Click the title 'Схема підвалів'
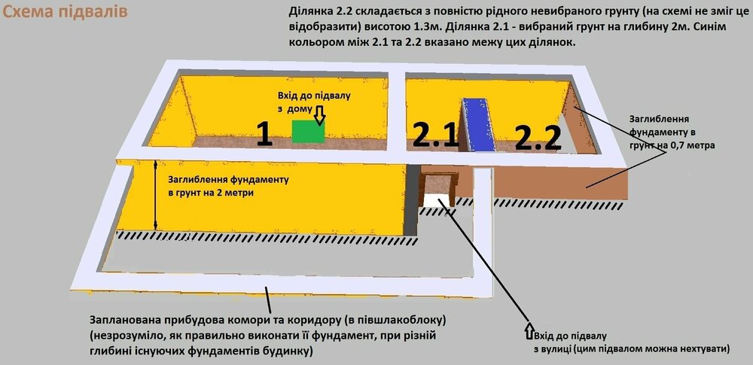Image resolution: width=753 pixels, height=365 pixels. pos(66,11)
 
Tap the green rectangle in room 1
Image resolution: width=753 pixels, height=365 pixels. pos(308,131)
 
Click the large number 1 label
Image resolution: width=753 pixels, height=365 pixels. pos(264,133)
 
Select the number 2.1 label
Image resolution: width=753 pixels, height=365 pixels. pos(436,136)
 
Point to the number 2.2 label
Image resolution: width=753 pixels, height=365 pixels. pos(538,138)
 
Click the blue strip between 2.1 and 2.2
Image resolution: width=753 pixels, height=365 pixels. pos(476,124)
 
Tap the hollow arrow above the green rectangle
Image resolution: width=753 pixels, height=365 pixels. pos(320,116)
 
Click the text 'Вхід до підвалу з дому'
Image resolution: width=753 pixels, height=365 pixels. pos(314,102)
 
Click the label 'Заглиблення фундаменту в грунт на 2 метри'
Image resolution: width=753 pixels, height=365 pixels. pos(228,187)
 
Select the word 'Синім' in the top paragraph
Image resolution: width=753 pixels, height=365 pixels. pos(713,27)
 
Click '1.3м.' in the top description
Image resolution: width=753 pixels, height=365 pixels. pos(419,27)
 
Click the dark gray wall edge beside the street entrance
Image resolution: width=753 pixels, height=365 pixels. pos(411,199)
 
